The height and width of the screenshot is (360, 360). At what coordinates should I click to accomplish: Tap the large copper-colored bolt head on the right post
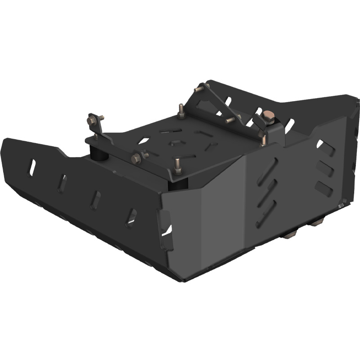click(268, 116)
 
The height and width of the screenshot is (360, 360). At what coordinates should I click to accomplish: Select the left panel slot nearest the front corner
click(131, 215)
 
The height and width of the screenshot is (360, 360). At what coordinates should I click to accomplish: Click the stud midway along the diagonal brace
click(230, 120)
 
